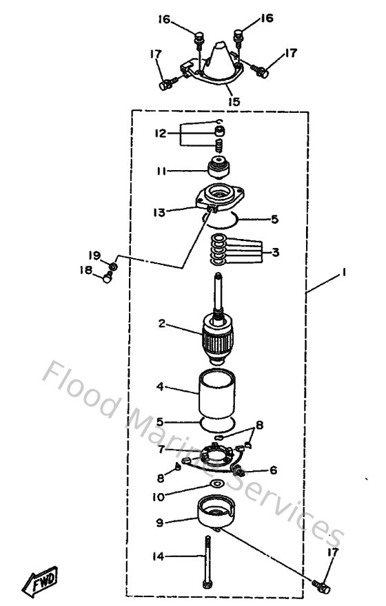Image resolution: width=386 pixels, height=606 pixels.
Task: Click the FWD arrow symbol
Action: [43, 581]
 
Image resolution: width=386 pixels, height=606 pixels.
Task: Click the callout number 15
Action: [234, 101]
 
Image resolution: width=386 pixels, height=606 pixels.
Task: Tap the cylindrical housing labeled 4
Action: [219, 396]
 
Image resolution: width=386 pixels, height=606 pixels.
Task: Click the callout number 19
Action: [94, 255]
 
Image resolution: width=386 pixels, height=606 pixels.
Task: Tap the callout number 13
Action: [159, 213]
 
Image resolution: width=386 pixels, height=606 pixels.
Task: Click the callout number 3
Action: [275, 253]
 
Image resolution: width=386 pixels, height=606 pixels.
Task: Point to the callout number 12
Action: [160, 134]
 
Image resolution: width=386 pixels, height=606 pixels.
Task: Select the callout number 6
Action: [273, 470]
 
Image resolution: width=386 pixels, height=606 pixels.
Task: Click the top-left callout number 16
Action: [163, 19]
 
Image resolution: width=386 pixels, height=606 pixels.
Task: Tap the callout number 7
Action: [160, 448]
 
